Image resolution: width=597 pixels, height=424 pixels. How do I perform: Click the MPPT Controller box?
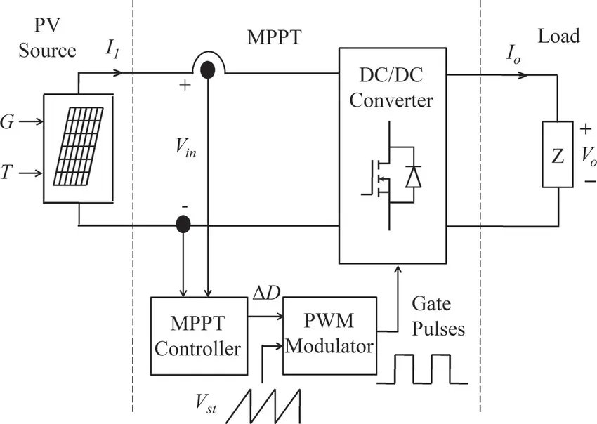(x=199, y=336)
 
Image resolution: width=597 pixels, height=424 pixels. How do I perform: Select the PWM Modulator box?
(x=329, y=336)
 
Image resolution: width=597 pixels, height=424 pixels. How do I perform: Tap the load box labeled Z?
(x=558, y=154)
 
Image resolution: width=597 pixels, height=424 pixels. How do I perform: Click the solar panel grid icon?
(x=78, y=147)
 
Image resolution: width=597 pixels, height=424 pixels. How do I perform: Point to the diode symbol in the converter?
(x=414, y=176)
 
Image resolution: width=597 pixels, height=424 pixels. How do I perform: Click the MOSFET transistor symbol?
(x=381, y=175)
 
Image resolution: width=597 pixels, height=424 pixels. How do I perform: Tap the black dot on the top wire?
(x=207, y=69)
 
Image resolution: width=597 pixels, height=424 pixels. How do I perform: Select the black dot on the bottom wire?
(x=183, y=224)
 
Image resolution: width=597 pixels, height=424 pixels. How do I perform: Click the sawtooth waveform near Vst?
(x=263, y=406)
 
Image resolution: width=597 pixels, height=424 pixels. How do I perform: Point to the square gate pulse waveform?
(x=422, y=369)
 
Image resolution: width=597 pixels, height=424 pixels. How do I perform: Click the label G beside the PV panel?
(x=7, y=122)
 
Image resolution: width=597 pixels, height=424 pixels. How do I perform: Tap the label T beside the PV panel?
(x=6, y=173)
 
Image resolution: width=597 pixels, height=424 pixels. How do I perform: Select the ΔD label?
(x=266, y=293)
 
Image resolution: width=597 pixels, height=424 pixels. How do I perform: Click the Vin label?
(x=186, y=147)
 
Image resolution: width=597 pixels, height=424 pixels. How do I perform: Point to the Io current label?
(x=513, y=55)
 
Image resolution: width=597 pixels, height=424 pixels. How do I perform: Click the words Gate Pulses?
(x=438, y=317)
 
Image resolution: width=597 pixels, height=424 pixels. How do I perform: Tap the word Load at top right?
(x=558, y=37)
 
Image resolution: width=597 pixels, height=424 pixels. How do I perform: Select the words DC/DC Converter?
(x=391, y=88)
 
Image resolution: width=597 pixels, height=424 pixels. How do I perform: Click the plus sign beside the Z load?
(x=586, y=129)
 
